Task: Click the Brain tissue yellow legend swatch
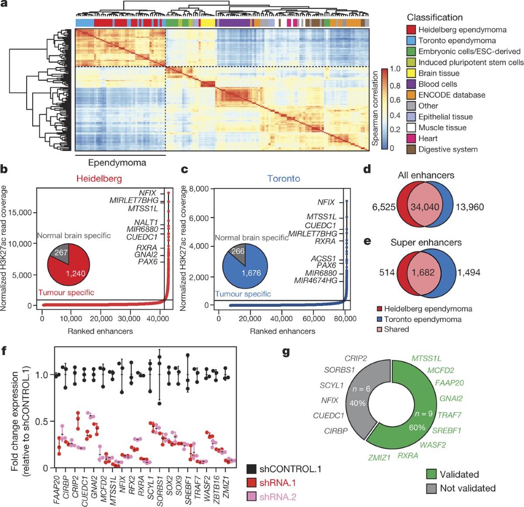click(x=411, y=73)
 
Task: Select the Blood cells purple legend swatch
click(x=411, y=84)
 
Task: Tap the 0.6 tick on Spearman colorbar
click(x=395, y=100)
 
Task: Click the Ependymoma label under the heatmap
click(x=117, y=163)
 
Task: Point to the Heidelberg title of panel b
click(x=99, y=178)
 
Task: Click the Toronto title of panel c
click(x=284, y=178)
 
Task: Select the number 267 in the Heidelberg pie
click(x=61, y=252)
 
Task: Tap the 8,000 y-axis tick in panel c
click(x=199, y=189)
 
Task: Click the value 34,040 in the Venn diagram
click(x=425, y=207)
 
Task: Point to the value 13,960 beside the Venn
click(x=470, y=207)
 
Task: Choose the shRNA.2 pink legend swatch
click(x=252, y=497)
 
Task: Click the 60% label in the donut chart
click(x=417, y=428)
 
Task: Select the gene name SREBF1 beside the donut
click(x=447, y=431)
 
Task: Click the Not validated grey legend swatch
click(x=431, y=488)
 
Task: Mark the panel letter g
click(x=286, y=351)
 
